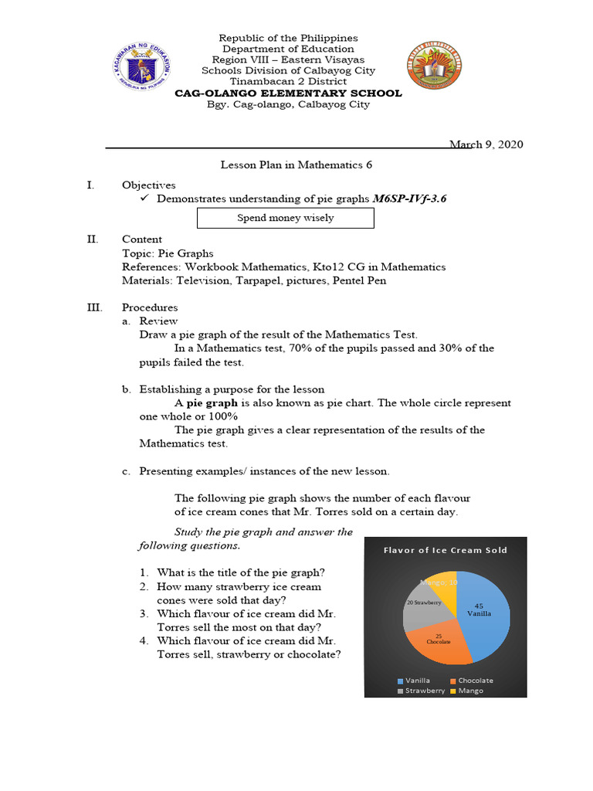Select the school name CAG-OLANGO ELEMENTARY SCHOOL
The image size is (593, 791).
288,93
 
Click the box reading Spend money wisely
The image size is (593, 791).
285,218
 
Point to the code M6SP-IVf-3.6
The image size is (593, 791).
409,199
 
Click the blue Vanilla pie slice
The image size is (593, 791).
486,618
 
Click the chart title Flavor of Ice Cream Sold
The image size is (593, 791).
446,550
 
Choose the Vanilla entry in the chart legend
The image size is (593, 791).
413,681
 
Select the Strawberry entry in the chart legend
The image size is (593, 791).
421,691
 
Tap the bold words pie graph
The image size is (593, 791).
212,403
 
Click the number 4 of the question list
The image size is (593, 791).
144,640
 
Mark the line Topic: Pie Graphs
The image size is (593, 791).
168,253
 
